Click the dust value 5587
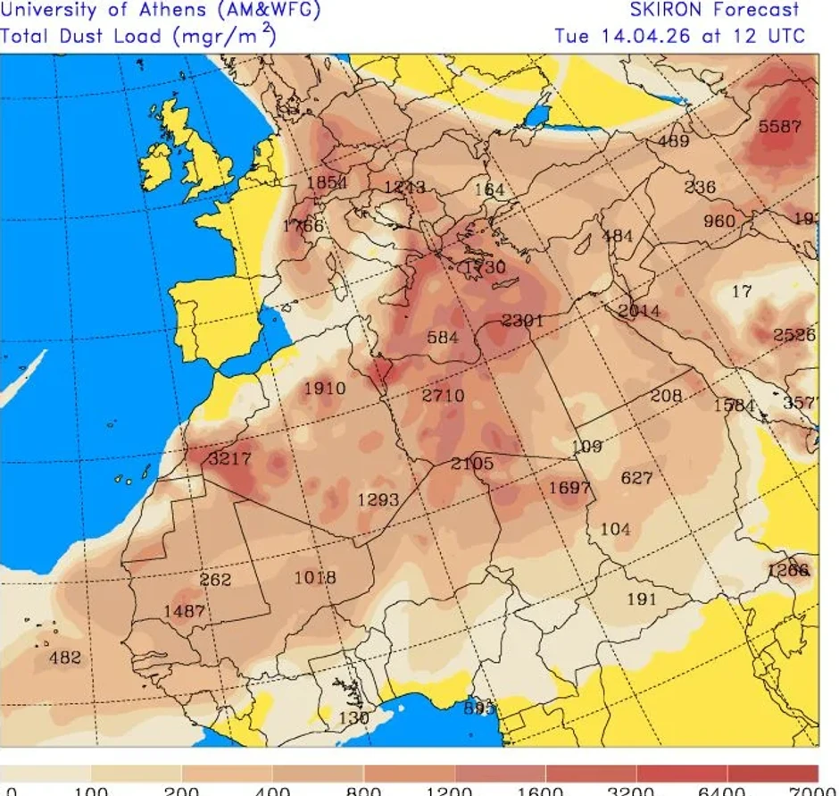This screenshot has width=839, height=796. coord(779,126)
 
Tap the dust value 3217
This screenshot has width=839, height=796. coord(229,459)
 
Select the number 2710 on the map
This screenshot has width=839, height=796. coord(443,394)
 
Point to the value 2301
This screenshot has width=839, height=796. coord(522,320)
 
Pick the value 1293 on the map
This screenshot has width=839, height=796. coord(378,499)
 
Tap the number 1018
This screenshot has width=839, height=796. coord(315,578)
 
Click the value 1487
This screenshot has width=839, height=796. coord(184,611)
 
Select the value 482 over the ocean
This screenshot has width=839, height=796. coord(64,658)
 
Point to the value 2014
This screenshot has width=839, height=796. coord(639,311)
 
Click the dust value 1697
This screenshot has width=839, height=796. coord(569,488)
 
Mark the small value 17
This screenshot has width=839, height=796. coord(742,291)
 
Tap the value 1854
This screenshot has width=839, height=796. coord(326,183)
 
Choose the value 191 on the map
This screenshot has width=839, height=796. coord(642,599)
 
